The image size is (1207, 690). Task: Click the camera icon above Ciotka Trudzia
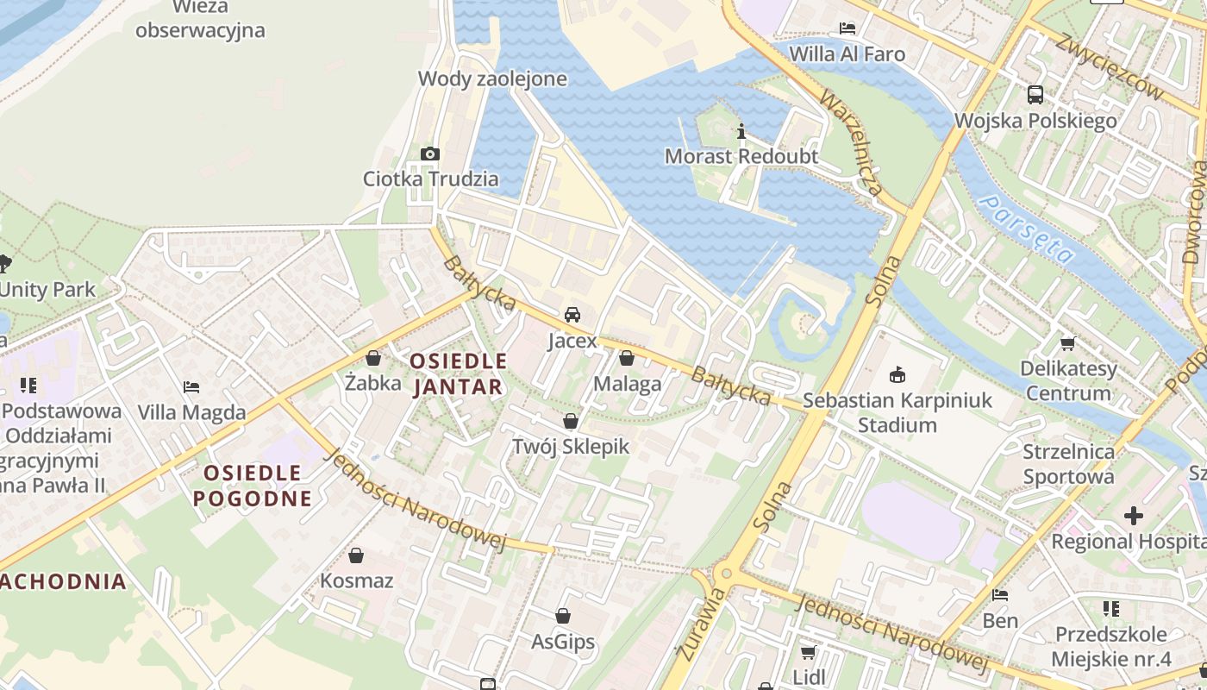pyautogui.click(x=429, y=154)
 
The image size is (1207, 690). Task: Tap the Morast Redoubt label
pyautogui.click(x=740, y=156)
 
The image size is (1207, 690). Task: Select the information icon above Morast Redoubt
pyautogui.click(x=741, y=132)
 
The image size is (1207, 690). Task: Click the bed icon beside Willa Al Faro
pyautogui.click(x=847, y=28)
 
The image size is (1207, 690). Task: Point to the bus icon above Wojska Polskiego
pyautogui.click(x=1035, y=95)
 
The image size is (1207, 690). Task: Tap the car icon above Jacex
pyautogui.click(x=572, y=315)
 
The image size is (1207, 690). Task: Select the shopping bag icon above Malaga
pyautogui.click(x=627, y=358)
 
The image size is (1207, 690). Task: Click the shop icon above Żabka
pyautogui.click(x=373, y=358)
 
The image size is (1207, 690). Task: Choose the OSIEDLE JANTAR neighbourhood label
pyautogui.click(x=458, y=373)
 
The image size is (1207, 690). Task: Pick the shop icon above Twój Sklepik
pyautogui.click(x=570, y=421)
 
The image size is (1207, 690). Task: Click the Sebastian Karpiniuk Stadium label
pyautogui.click(x=897, y=412)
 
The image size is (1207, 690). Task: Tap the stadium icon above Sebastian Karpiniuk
pyautogui.click(x=897, y=374)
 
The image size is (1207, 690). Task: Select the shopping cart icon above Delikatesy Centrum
pyautogui.click(x=1067, y=344)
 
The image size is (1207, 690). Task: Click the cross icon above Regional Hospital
pyautogui.click(x=1133, y=516)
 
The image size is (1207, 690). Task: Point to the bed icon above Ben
pyautogui.click(x=999, y=595)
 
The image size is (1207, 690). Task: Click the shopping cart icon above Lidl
pyautogui.click(x=808, y=652)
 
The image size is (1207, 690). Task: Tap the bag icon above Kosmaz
pyautogui.click(x=356, y=555)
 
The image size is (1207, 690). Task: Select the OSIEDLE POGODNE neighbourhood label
pyautogui.click(x=252, y=486)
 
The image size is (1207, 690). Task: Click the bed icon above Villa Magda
pyautogui.click(x=191, y=387)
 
